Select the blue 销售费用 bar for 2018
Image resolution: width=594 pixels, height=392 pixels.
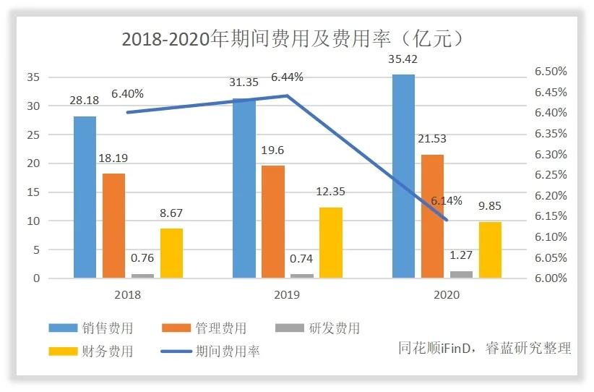tap(85, 197)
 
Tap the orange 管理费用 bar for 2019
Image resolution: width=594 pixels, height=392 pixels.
tap(272, 221)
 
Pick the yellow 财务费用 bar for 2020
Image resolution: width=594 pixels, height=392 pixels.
tap(490, 250)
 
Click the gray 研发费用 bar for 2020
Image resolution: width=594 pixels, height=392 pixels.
tap(461, 274)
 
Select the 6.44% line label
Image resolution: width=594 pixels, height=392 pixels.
tap(287, 77)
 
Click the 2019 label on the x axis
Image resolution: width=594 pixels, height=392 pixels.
tap(287, 295)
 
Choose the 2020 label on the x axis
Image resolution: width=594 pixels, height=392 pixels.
tap(447, 295)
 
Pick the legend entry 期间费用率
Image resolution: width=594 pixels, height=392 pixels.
tap(227, 351)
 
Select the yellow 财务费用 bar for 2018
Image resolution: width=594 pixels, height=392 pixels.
tap(171, 253)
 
